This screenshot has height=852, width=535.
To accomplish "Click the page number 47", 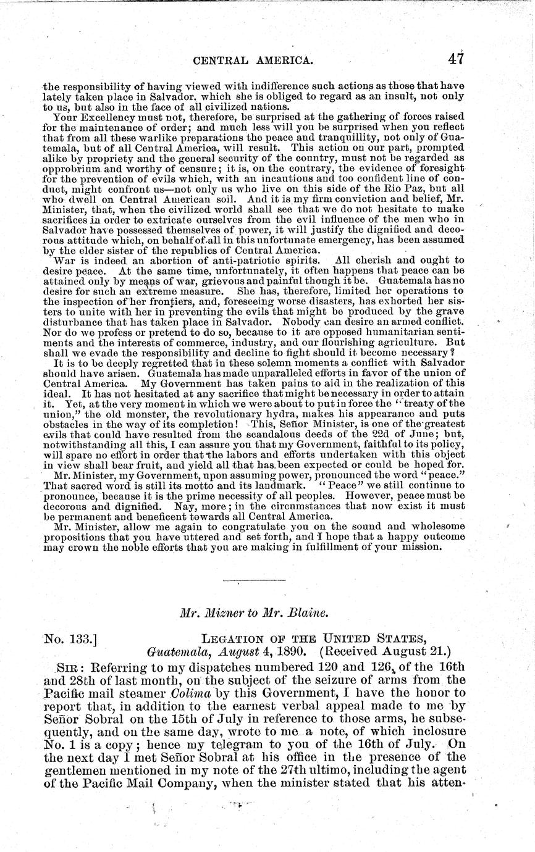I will click(456, 59).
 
